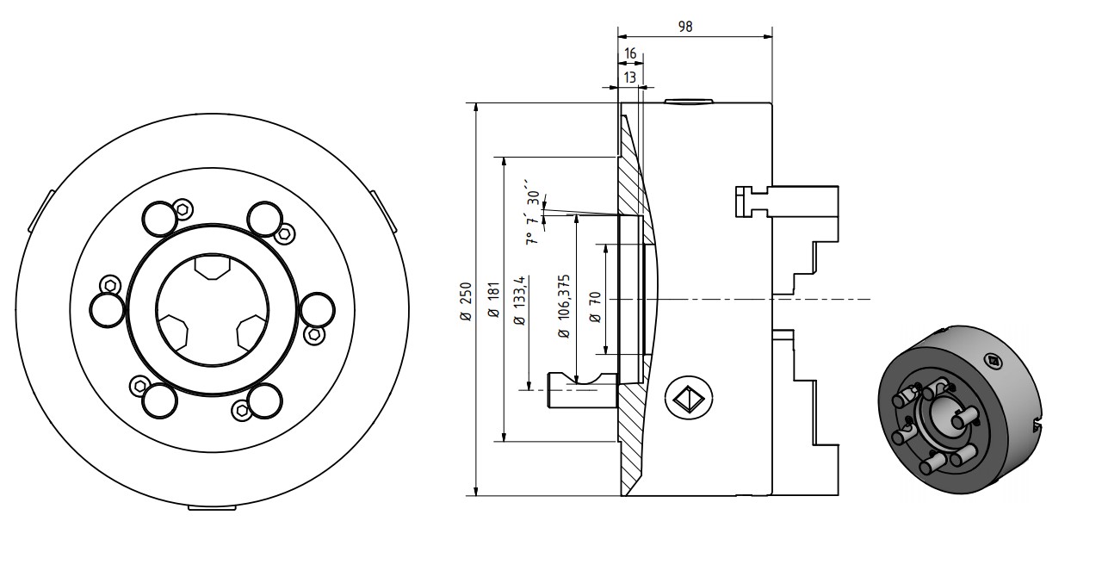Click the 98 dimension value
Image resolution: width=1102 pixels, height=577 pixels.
click(685, 26)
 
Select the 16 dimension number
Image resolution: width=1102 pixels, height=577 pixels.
click(630, 53)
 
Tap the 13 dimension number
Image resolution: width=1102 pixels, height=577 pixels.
click(630, 78)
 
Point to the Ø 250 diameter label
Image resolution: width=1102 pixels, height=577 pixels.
click(466, 301)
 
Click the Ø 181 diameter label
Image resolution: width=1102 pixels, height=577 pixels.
click(493, 301)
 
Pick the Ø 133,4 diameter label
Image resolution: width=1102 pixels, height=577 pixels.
click(518, 301)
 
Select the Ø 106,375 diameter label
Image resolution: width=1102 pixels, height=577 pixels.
click(564, 307)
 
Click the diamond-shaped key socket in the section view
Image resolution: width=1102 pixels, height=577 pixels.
click(687, 397)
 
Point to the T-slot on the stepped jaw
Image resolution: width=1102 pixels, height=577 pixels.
click(751, 202)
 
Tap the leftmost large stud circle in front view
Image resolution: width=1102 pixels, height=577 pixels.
click(107, 310)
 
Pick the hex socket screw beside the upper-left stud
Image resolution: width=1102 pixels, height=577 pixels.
click(182, 208)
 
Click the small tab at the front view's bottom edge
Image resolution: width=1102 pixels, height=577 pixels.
click(212, 508)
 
